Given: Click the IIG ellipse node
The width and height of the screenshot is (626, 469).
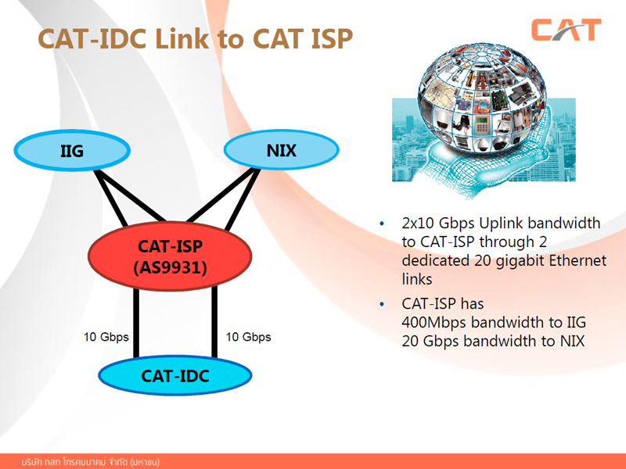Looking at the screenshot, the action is click(72, 150).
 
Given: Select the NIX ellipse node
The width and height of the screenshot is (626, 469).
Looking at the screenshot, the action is click(282, 150).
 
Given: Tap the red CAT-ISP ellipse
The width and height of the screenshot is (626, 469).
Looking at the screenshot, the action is click(170, 256).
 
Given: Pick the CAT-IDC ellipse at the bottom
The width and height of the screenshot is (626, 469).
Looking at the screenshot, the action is click(175, 376).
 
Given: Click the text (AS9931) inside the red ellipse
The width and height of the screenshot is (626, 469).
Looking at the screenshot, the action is click(170, 267).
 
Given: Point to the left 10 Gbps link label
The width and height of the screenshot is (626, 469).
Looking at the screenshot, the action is click(106, 337).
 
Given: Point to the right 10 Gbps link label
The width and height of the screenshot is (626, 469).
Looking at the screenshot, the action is click(248, 337).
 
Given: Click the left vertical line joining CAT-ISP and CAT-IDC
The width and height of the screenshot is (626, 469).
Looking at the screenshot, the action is click(136, 323).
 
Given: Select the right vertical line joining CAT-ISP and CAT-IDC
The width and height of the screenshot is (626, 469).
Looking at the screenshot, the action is click(214, 322).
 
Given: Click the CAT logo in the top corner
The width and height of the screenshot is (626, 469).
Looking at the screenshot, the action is click(566, 30).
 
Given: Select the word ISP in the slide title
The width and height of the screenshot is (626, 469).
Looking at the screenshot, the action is click(331, 38).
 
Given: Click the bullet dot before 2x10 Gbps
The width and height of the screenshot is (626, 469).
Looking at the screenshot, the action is click(382, 224).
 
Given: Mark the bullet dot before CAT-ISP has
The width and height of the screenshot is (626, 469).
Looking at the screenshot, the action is click(382, 304).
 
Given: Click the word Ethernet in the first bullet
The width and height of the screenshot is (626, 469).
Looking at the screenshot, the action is click(577, 260).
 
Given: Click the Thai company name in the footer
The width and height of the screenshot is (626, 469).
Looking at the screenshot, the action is click(91, 462).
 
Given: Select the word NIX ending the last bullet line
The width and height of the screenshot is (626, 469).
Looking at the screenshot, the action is click(573, 341).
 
